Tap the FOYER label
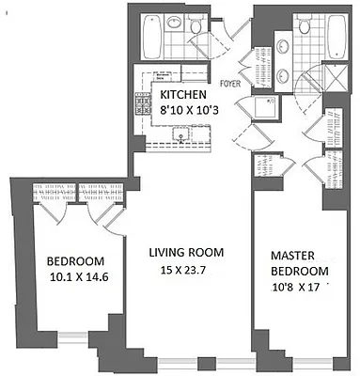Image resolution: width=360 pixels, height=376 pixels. [x=231, y=82]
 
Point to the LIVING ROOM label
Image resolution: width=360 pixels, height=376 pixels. [x=184, y=252]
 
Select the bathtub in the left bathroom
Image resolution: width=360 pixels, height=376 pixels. [x=151, y=38]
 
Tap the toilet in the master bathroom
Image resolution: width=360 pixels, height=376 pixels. [x=305, y=29]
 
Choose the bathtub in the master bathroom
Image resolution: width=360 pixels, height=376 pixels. [x=335, y=38]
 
